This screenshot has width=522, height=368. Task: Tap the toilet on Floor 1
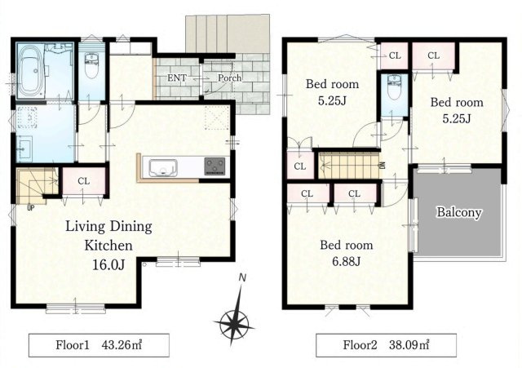point(91,65)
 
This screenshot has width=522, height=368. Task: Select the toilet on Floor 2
point(395,87)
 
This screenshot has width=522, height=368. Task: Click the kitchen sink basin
point(163,167)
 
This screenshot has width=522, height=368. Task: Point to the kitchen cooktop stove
point(215,166)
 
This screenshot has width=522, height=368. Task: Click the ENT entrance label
point(176,78)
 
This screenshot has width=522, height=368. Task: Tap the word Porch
point(230,78)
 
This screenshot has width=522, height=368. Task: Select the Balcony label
point(459,212)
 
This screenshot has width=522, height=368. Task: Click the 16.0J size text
point(108,264)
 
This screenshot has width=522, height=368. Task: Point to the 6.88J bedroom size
point(346,261)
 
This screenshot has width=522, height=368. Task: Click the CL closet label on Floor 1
point(83,181)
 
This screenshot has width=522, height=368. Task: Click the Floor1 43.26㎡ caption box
point(99,345)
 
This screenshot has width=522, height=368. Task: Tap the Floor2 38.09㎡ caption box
point(386,345)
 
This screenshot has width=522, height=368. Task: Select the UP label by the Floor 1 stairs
point(31,208)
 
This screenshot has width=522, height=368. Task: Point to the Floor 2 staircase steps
point(349,166)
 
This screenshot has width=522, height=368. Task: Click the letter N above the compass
point(243,277)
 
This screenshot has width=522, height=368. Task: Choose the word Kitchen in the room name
point(108,246)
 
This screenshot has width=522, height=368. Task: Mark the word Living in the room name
point(85,227)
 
